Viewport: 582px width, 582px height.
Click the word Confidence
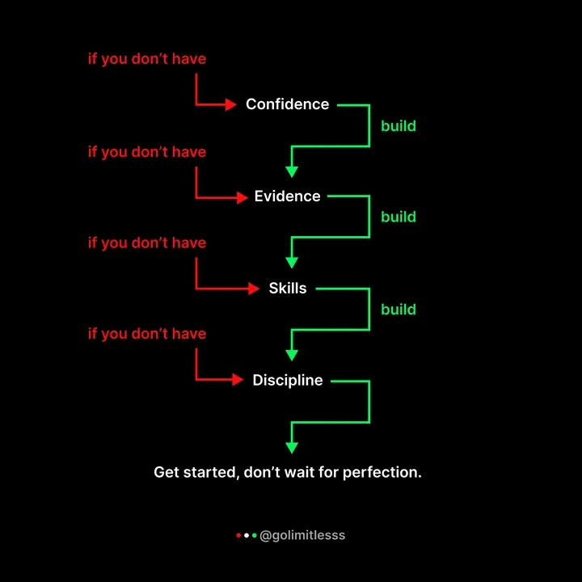[x=287, y=104]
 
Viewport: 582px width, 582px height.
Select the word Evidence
[x=287, y=196]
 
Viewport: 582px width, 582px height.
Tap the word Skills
[x=288, y=289]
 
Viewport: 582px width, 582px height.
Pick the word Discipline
[x=287, y=381]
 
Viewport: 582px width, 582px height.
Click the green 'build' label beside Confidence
[x=399, y=126]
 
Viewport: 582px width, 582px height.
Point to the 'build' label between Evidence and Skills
[x=399, y=217]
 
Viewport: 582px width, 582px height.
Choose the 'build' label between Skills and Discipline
[x=399, y=310]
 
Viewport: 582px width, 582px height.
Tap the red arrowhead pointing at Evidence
[x=242, y=196]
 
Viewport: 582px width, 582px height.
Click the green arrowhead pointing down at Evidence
[x=292, y=171]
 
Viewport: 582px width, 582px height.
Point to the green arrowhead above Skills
[x=292, y=263]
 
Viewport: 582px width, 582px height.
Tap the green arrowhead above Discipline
[x=292, y=355]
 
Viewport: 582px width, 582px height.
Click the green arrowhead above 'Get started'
[x=292, y=447]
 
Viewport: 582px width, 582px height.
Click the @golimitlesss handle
[x=302, y=535]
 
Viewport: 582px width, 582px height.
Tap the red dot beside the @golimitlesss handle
[x=238, y=535]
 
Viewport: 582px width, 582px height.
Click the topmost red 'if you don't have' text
[x=147, y=59]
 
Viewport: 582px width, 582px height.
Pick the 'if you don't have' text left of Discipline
[x=147, y=334]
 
